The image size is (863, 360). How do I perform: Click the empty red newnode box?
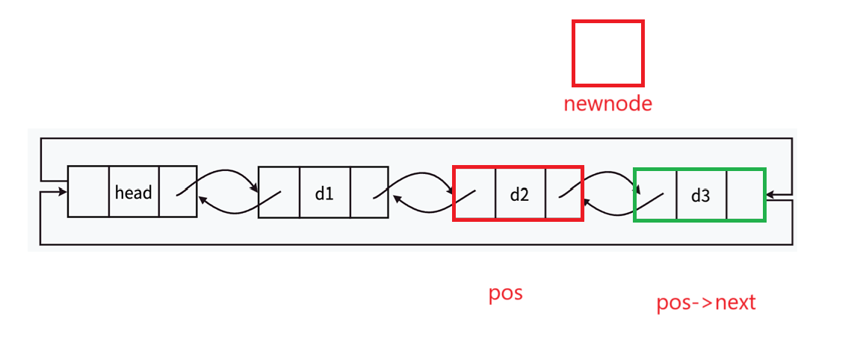click(607, 53)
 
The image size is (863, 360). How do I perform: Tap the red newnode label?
click(607, 103)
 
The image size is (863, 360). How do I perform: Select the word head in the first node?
click(134, 193)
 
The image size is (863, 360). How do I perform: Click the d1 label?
click(324, 193)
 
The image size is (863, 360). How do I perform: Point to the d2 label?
click(519, 195)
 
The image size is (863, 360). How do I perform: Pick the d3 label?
click(700, 196)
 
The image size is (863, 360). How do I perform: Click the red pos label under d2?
click(505, 293)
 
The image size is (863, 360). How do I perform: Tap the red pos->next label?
click(705, 302)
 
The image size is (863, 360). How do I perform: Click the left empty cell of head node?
click(88, 192)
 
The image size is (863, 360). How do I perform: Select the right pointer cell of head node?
click(178, 192)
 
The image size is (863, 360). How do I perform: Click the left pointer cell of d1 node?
click(279, 193)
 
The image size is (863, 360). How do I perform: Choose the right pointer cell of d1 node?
click(369, 193)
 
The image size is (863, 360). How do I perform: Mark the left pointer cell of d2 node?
click(474, 194)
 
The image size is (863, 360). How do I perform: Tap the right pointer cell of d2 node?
click(564, 194)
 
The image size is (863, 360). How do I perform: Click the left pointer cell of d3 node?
click(655, 195)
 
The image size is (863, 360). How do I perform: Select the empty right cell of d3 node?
click(745, 195)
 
